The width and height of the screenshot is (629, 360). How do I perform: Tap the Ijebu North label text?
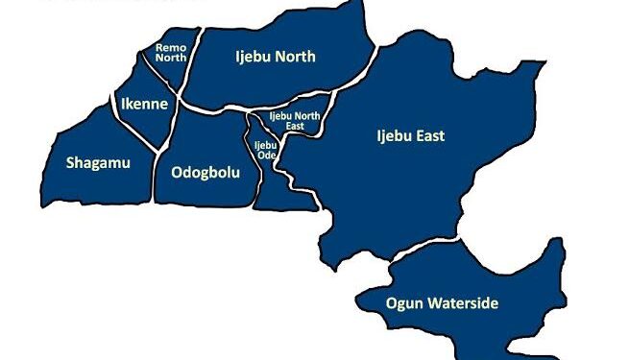[275, 57]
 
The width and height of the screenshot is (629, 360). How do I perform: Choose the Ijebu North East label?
[293, 120]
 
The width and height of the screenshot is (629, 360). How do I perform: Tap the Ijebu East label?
[410, 136]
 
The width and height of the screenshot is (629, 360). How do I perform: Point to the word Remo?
[170, 46]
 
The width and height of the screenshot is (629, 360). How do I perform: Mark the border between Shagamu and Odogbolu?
[155, 178]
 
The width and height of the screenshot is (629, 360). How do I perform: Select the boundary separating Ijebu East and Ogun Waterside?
[423, 248]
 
